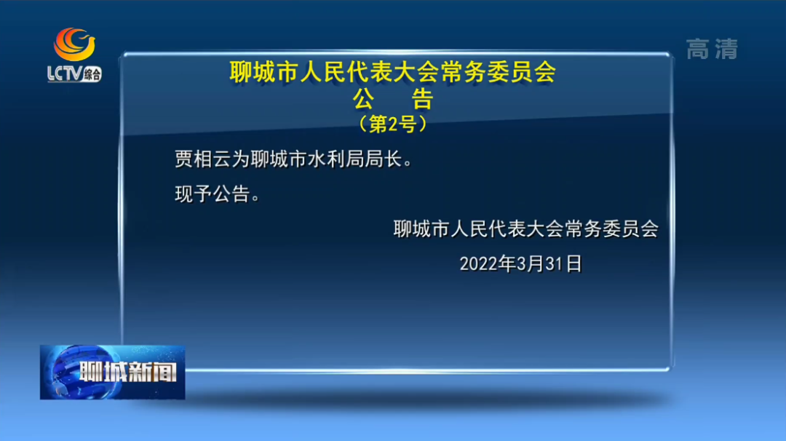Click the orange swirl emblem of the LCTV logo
pyautogui.click(x=74, y=44)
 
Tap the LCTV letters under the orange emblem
pyautogui.click(x=64, y=73)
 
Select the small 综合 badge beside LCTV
pyautogui.click(x=92, y=75)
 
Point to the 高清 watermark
pyautogui.click(x=712, y=49)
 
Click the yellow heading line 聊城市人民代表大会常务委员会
pyautogui.click(x=393, y=71)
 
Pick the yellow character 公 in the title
pyautogui.click(x=363, y=99)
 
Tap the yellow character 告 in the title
pyautogui.click(x=422, y=99)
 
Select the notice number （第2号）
pyautogui.click(x=393, y=124)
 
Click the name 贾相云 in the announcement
pyautogui.click(x=203, y=159)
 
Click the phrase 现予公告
pyautogui.click(x=213, y=194)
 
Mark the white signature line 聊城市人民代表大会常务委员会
pyautogui.click(x=526, y=229)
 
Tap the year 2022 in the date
pyautogui.click(x=479, y=263)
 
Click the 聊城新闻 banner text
pyautogui.click(x=128, y=372)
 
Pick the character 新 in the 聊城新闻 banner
pyautogui.click(x=140, y=372)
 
